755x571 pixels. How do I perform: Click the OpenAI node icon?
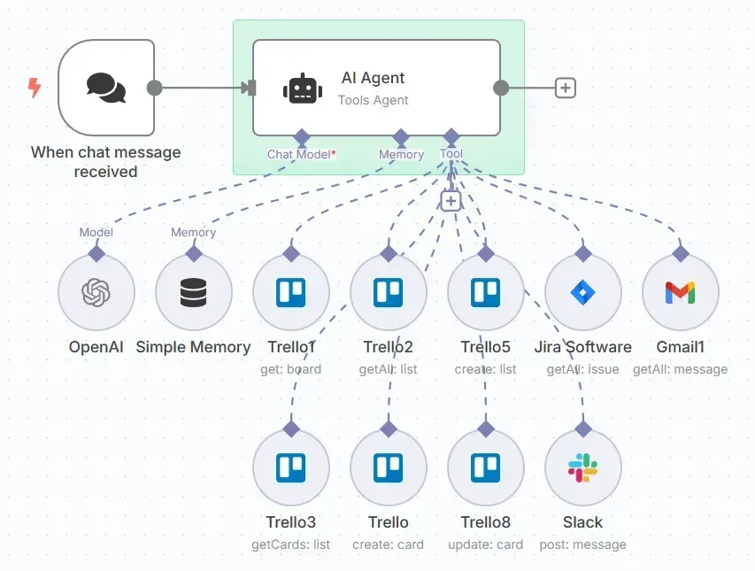[96, 292]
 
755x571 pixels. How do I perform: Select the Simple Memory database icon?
[193, 292]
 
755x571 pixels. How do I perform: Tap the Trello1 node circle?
[291, 292]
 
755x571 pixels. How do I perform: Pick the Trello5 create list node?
[485, 292]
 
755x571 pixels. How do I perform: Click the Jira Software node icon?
[582, 292]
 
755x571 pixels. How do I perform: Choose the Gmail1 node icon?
[680, 292]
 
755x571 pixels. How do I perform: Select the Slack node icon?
[582, 467]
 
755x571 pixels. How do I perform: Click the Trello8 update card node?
[485, 467]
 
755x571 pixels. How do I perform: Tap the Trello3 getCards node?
[291, 467]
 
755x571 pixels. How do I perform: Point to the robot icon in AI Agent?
[303, 89]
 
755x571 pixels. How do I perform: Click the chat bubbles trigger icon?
[106, 88]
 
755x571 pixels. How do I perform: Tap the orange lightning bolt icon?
[35, 88]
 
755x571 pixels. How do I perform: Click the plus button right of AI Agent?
[566, 89]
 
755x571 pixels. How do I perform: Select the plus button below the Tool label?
[451, 201]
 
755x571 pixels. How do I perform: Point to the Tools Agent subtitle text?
[373, 100]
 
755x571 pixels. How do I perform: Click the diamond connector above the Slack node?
[582, 428]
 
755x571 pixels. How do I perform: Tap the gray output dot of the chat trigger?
[154, 89]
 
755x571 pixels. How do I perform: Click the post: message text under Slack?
[582, 544]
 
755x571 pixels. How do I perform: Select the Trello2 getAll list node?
[388, 292]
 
